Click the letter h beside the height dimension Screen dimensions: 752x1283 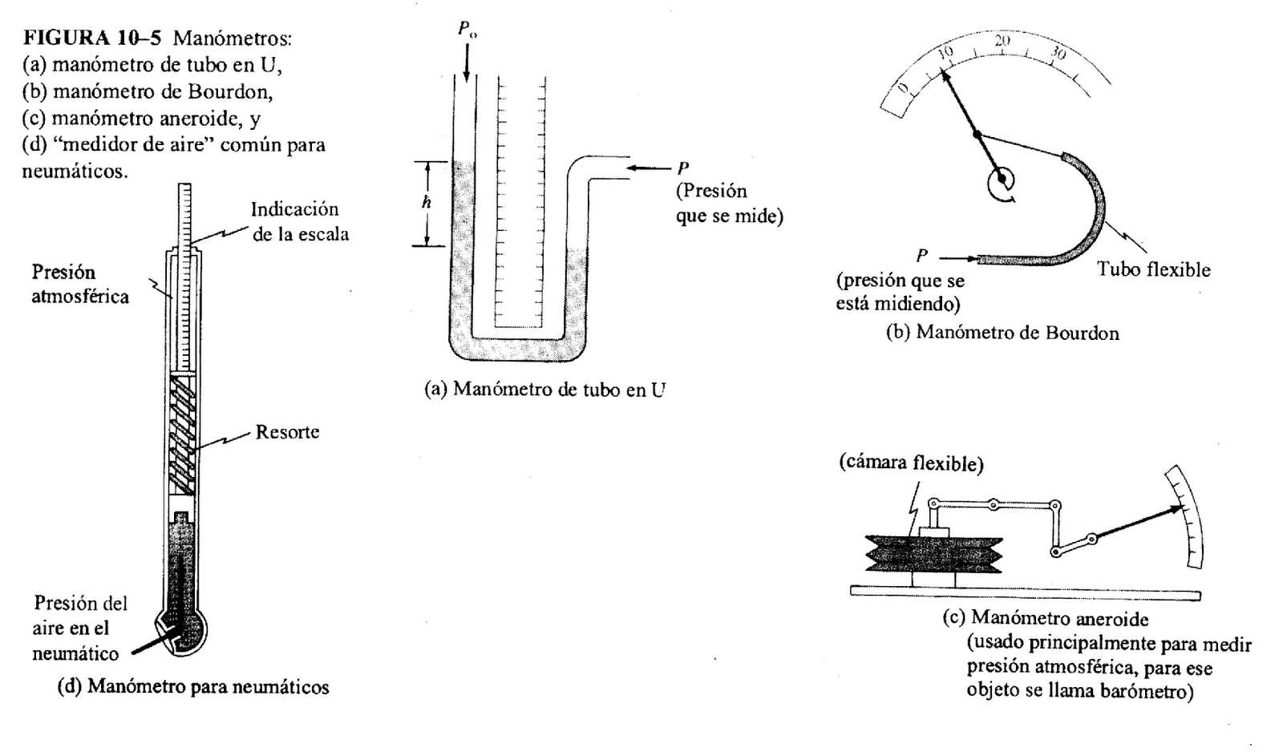[x=427, y=203]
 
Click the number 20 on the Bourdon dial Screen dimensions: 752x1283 [x=1002, y=40]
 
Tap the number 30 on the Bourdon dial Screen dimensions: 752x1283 [x=1058, y=55]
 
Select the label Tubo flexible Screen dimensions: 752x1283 [x=1153, y=269]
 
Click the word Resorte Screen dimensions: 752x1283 [x=287, y=432]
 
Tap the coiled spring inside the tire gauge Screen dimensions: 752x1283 [x=184, y=434]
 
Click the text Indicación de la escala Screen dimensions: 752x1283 [x=299, y=221]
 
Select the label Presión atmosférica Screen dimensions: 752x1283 [x=79, y=284]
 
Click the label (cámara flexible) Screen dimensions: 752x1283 [x=911, y=463]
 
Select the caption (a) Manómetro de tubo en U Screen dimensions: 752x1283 [x=544, y=390]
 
